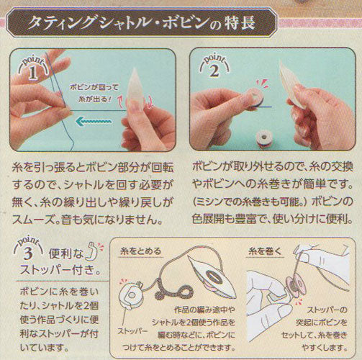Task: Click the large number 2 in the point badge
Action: click(x=214, y=71)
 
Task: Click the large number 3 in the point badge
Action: click(x=28, y=253)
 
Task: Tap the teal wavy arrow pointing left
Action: click(x=94, y=122)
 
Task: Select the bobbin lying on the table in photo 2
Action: click(x=263, y=140)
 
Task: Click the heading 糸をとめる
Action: click(x=140, y=251)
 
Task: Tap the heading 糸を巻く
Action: click(x=265, y=251)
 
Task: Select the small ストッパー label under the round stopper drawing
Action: click(x=132, y=331)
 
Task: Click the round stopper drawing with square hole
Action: click(x=131, y=295)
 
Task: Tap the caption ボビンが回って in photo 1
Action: click(x=94, y=87)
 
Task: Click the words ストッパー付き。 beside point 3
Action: click(x=60, y=270)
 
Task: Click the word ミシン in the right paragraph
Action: click(x=211, y=202)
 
